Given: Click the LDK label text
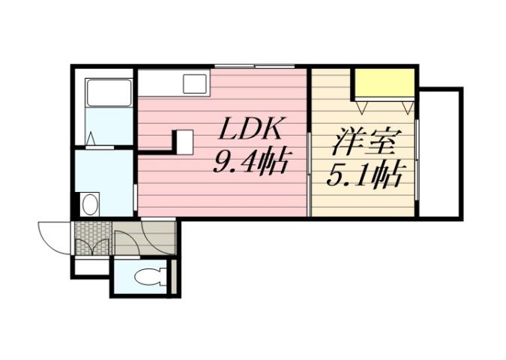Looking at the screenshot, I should [x=250, y=130].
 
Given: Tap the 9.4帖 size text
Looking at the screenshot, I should [x=250, y=162].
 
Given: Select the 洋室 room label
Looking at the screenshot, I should [x=364, y=142].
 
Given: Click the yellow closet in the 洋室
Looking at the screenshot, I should [x=385, y=83].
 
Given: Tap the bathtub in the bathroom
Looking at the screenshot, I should [x=109, y=93].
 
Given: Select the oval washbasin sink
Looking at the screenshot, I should [x=90, y=203].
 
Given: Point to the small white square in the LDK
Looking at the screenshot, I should [x=184, y=141].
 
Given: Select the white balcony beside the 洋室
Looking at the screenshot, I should [x=440, y=153].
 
